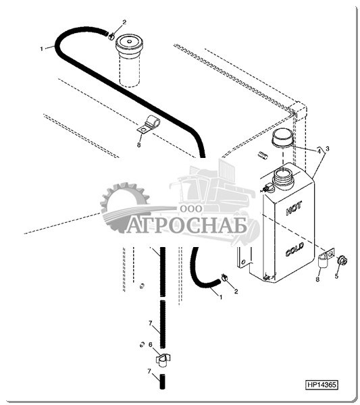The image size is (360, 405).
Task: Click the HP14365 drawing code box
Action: coord(322,385)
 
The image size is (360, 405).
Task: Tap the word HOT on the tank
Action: coord(294,209)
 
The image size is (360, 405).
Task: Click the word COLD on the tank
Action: coord(294,249)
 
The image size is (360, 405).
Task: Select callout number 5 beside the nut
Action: coord(336,276)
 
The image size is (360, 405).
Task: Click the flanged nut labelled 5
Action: coord(342,261)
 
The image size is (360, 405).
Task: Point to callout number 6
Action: coord(151,344)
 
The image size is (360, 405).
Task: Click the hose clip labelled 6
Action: coord(163,360)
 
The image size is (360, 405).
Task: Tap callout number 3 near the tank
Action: coord(328,148)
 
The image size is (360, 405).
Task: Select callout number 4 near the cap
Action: coord(319,151)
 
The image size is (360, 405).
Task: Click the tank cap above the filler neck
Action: coord(282,138)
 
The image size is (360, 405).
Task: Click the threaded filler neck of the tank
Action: coord(284,178)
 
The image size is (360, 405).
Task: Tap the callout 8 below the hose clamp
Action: coord(138,145)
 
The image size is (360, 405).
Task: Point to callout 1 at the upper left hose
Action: coord(42,49)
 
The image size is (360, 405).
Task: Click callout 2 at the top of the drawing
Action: coord(124,22)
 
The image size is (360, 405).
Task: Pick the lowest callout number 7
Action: coord(149,371)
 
